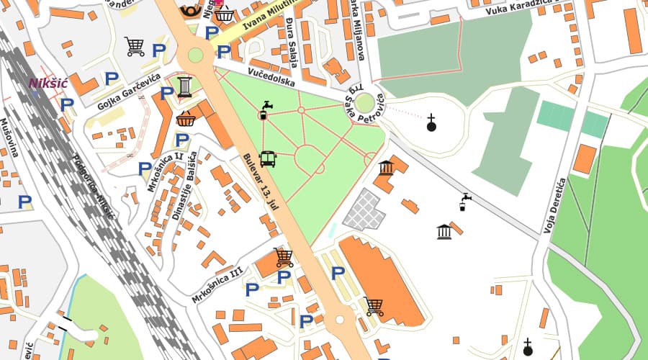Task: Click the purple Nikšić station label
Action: pos(48,84)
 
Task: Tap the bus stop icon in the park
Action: pos(267,159)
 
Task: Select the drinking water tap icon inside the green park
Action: pos(266,109)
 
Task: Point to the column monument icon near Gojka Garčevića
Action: pos(184,86)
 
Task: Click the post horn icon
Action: pos(191,10)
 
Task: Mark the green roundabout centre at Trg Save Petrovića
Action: pos(365,102)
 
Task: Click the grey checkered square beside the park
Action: pos(364,210)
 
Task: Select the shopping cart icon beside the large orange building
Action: pos(374,306)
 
